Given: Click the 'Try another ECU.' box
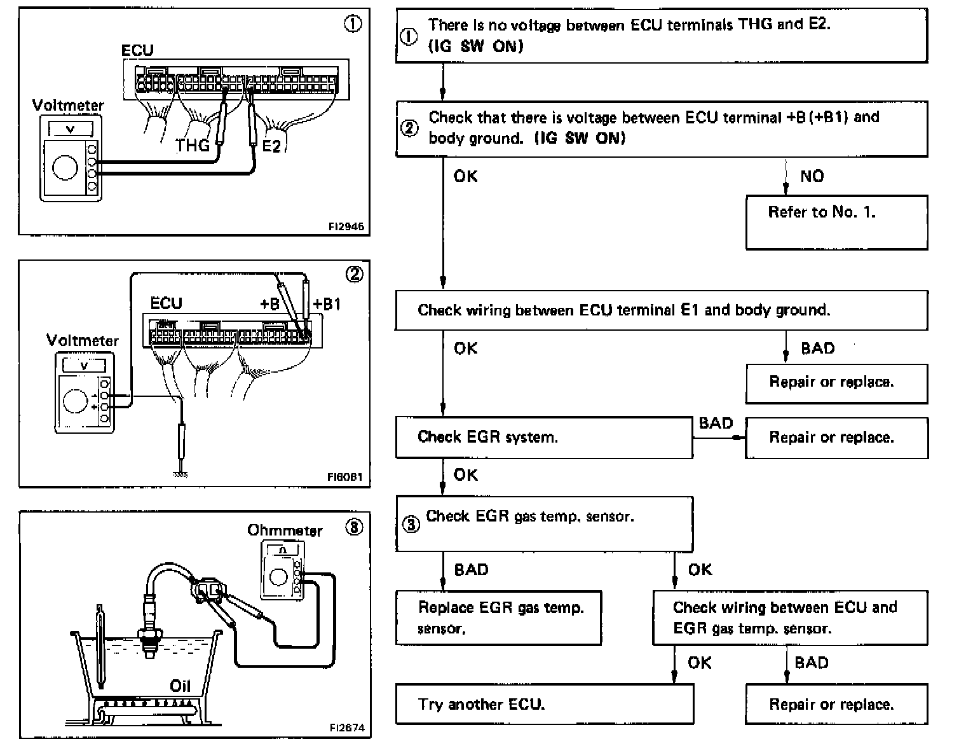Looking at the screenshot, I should coord(544,704).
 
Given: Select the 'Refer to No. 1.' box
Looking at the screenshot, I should coord(836,222).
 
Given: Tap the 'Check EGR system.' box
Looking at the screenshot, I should coord(544,437).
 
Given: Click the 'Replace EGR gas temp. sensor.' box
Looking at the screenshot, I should coord(498,618).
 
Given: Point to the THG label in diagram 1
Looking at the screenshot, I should coord(192,146).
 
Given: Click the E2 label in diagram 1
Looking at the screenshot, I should coord(271,146).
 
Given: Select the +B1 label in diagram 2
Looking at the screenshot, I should coord(327,303).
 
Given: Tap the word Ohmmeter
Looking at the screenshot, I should coord(285,530).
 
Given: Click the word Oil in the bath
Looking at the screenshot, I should coord(180,686).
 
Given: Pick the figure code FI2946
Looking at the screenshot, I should coord(346,226).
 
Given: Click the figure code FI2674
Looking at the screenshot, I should coord(347,728).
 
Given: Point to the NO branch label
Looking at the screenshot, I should coord(812,176).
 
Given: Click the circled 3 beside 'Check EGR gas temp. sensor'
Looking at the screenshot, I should coord(412,525).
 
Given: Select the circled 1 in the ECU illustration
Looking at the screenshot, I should coord(353,24).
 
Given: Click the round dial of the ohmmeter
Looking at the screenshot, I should coord(278,577).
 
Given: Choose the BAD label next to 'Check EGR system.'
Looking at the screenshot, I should coord(716,423).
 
